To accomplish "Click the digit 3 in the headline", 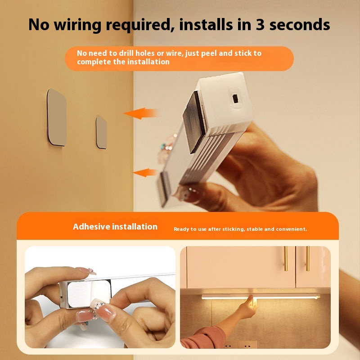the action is (x=260, y=25).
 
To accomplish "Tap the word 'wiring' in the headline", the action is (x=77, y=25).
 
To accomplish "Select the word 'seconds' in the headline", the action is (x=300, y=25).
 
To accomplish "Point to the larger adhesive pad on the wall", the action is (x=57, y=117).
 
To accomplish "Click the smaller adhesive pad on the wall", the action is (x=101, y=132).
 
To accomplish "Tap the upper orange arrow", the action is (x=141, y=113).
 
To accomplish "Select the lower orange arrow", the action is (x=145, y=173).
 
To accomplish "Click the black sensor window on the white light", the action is (x=235, y=99).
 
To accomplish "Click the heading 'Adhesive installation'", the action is (x=115, y=227).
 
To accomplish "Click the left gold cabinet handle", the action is (x=286, y=258).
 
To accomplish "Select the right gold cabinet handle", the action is (x=307, y=258).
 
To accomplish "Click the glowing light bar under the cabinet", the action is (x=261, y=297).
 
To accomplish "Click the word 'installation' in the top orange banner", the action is (x=148, y=62).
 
